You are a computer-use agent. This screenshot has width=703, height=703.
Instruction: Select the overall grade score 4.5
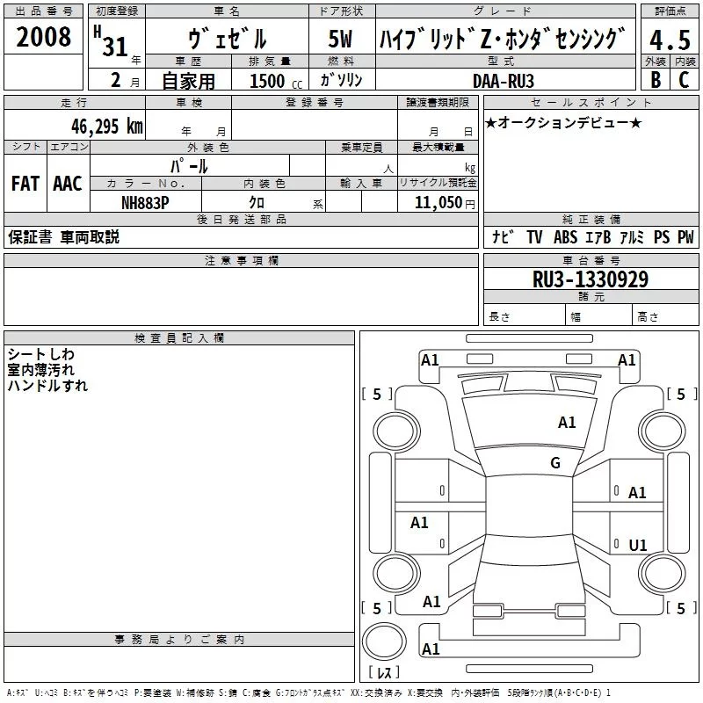point(668,41)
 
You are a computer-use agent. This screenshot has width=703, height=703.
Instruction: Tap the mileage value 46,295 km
point(107,125)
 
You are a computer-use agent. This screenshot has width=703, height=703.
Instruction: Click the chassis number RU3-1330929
point(591,279)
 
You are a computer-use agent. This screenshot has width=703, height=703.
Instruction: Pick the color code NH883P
point(145,201)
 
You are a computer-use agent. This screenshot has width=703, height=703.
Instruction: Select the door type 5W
point(340,40)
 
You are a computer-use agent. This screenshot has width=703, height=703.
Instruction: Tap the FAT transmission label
point(25,184)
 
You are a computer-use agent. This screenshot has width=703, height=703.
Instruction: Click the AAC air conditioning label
point(67,184)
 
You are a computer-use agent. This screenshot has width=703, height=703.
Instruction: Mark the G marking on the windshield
point(555,463)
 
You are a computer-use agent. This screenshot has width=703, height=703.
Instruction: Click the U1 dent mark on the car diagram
point(638,546)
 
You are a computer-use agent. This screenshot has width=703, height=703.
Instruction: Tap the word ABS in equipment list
point(565,236)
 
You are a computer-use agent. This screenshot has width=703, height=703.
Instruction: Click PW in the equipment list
point(685,236)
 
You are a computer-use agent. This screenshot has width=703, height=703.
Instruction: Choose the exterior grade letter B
point(655,80)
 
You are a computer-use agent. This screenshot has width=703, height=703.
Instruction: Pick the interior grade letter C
point(684,80)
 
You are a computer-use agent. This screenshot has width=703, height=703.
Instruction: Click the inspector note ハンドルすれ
point(47,385)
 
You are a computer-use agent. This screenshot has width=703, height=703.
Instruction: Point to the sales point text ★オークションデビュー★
point(563,122)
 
